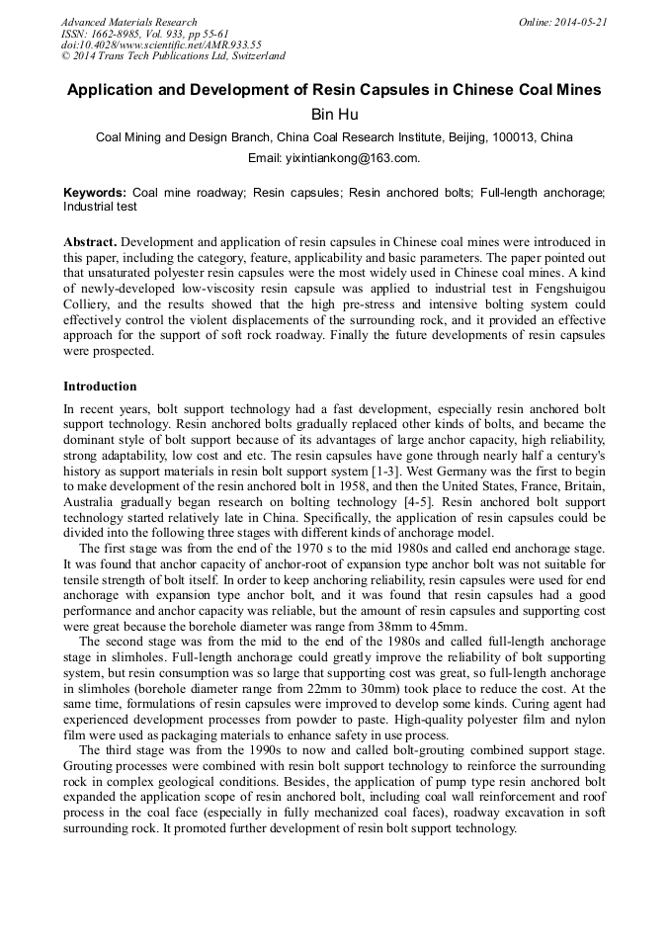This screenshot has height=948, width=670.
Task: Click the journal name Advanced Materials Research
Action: pos(128,22)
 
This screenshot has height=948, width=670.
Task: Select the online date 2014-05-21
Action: pos(583,22)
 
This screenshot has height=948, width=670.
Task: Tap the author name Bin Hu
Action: pos(334,115)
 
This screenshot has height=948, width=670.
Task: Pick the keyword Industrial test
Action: pos(100,208)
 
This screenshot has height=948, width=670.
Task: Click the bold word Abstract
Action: pos(90,242)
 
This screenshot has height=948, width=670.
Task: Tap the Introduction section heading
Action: pos(100,387)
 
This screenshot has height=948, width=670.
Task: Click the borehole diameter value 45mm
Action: pos(451,626)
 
